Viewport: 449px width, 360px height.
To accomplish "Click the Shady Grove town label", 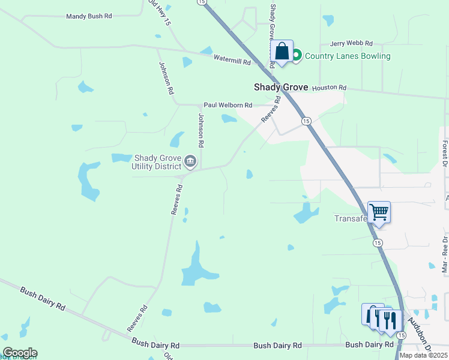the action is tap(280, 87).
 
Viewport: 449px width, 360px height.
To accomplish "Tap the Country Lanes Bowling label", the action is tap(348, 56).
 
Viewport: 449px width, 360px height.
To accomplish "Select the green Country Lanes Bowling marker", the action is tap(297, 56).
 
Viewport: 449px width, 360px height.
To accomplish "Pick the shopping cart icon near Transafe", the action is tap(379, 212).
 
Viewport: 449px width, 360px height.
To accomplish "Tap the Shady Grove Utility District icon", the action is tap(191, 160).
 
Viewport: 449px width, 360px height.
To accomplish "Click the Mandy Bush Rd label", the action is tap(89, 16).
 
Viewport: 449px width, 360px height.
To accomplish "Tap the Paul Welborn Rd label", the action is tap(228, 105).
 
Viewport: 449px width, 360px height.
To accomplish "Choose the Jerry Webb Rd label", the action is tap(351, 44).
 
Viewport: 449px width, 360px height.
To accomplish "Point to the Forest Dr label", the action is tap(445, 154).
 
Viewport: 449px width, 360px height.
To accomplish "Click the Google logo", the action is tap(20, 353).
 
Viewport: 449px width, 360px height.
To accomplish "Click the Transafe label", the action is tap(351, 218).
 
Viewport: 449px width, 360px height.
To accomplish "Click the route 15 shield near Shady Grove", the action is tap(306, 121).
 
